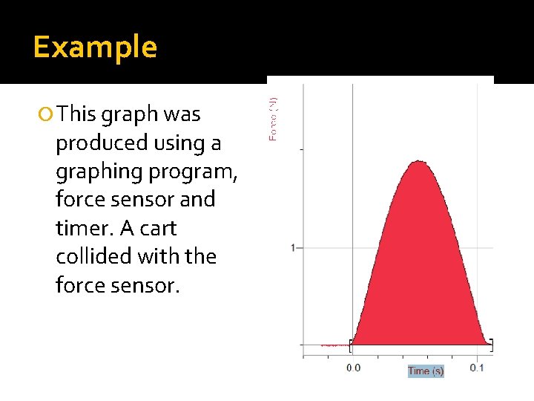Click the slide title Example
(95, 48)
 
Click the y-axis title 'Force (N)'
(274, 119)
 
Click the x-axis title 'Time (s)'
(426, 371)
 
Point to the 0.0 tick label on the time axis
(353, 368)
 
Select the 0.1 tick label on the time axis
(477, 368)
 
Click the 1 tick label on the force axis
(294, 247)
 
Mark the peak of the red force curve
(419, 161)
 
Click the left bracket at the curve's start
(352, 345)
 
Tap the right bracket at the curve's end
(490, 345)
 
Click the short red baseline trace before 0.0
(334, 345)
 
